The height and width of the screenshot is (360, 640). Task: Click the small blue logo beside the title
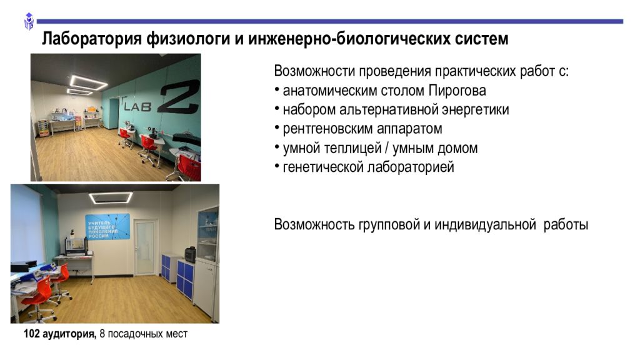click(29, 21)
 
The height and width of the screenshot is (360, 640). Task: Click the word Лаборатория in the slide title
click(92, 39)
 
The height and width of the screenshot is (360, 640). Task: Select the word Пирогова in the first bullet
click(457, 91)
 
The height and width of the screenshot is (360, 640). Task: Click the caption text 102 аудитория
click(60, 334)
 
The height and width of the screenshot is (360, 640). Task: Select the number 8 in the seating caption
click(102, 334)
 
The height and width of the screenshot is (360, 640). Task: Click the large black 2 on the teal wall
click(179, 97)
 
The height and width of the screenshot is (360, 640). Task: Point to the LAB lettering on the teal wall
click(137, 106)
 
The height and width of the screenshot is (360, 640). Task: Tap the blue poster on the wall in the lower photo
click(107, 226)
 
